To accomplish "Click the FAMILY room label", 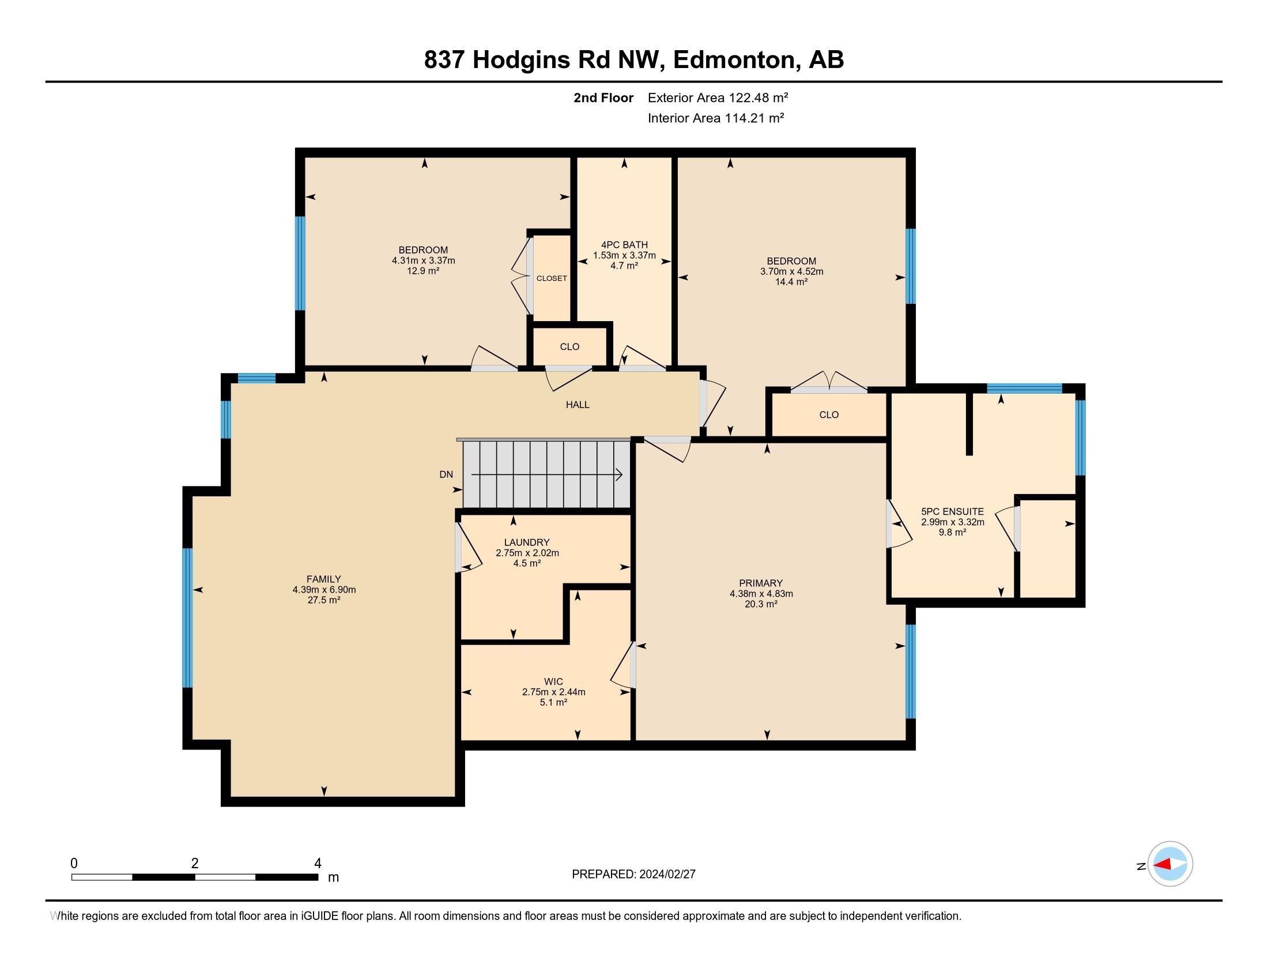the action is [324, 579].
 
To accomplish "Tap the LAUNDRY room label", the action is [527, 542].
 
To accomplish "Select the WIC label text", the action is [553, 681].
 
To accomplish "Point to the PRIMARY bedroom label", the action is [761, 583].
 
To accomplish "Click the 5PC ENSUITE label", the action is [952, 511].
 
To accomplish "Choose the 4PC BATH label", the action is [624, 245].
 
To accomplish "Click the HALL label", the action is [578, 405].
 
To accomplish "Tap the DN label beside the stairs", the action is [446, 474].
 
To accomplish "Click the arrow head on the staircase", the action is [619, 475].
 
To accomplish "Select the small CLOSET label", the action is [552, 278].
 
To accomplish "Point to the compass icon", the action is [1170, 865].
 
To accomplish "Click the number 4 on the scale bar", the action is [317, 864].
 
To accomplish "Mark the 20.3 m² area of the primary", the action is [761, 604].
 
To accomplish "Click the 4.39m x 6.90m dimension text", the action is [324, 589].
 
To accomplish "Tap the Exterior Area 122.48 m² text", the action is [718, 97].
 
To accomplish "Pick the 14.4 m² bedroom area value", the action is [791, 281].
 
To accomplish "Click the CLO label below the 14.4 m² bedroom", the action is [828, 414].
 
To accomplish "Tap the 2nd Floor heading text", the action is [603, 97].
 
